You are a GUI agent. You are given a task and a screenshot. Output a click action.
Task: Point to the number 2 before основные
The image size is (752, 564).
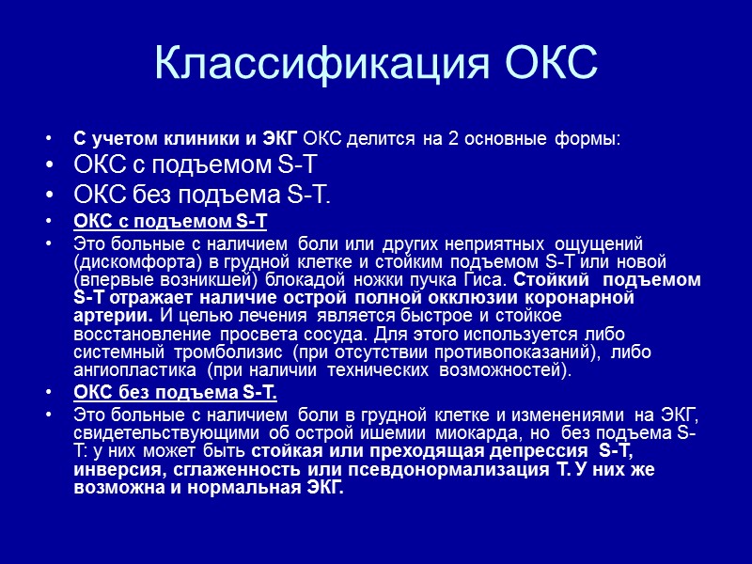[453, 139]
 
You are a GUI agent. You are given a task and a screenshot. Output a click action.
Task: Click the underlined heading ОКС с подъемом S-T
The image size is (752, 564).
[170, 222]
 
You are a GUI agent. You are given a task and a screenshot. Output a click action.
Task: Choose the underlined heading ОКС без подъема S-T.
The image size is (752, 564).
[176, 392]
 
